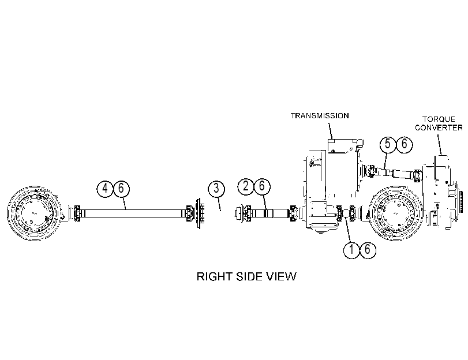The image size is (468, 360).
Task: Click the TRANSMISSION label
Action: [x=320, y=115]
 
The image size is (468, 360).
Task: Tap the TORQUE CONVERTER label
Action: [x=439, y=123]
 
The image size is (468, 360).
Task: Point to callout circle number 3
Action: [x=216, y=188]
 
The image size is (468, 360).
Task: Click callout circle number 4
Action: [x=105, y=188]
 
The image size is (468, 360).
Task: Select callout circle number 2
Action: [x=246, y=186]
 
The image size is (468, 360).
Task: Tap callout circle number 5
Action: [x=388, y=144]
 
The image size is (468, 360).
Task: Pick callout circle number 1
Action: [x=351, y=249]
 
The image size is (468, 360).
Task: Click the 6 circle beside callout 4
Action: [x=121, y=188]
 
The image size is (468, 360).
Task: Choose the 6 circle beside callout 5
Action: [x=404, y=144]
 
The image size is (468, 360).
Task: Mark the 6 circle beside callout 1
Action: [x=368, y=249]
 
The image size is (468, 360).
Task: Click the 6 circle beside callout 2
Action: [x=262, y=186]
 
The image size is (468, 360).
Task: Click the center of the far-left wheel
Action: [x=33, y=213]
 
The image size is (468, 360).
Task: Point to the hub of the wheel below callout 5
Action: [x=396, y=213]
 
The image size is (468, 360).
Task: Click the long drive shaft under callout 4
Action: [x=133, y=213]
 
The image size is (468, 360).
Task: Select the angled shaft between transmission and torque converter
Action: [x=392, y=173]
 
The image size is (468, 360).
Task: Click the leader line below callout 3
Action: [x=219, y=204]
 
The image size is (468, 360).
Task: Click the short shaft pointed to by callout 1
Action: [x=345, y=213]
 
